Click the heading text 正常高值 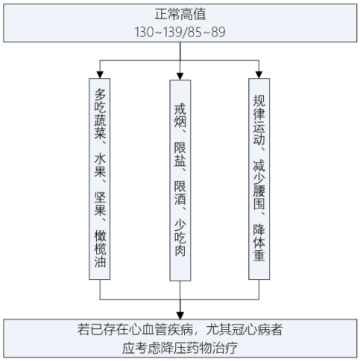point(180,14)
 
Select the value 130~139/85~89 point(180,32)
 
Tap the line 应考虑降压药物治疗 point(180,347)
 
